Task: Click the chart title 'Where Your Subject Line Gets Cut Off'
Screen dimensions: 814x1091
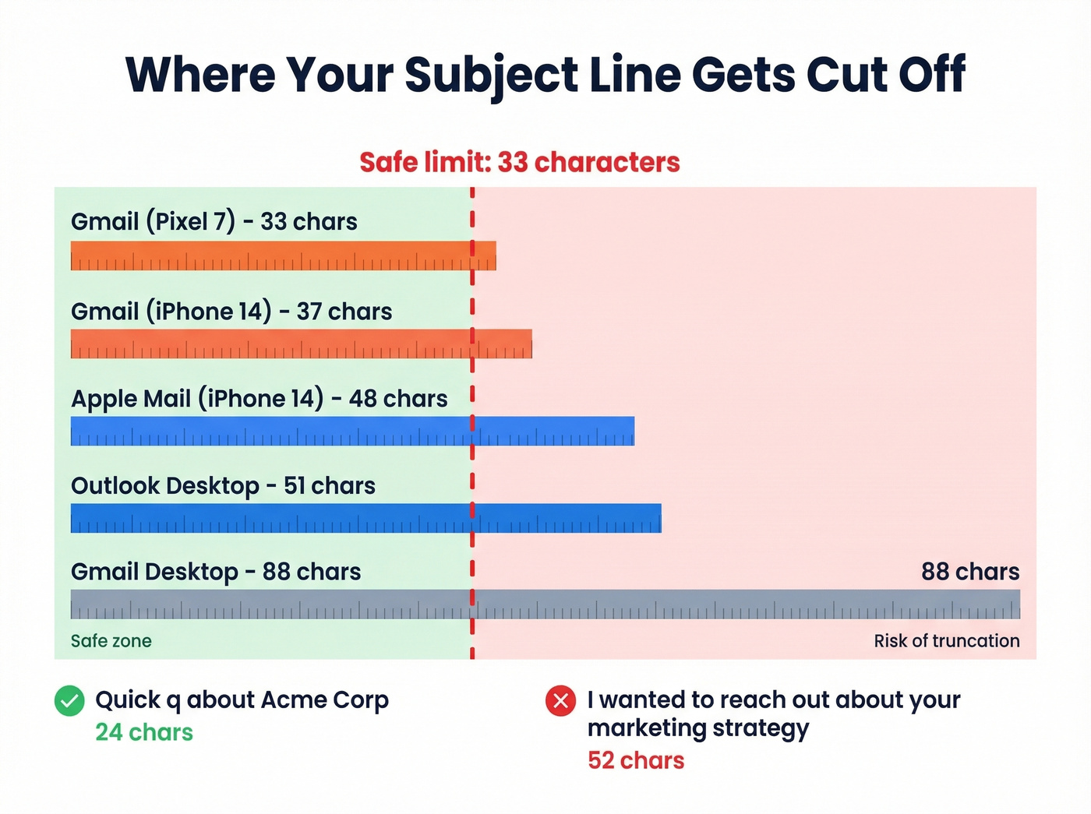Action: (545, 76)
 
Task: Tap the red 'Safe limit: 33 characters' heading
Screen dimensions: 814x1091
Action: (520, 162)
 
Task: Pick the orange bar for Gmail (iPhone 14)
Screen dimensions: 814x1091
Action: (301, 344)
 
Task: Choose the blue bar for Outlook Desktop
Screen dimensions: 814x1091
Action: (365, 519)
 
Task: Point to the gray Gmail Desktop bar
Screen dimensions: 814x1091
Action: (545, 604)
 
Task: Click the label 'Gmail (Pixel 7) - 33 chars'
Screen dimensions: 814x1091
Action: (214, 222)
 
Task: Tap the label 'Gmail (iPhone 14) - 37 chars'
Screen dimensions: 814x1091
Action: (231, 312)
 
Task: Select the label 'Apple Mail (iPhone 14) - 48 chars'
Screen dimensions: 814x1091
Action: (259, 399)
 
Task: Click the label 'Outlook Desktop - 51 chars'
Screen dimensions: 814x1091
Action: (223, 486)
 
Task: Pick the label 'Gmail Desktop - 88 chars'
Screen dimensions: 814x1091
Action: (216, 572)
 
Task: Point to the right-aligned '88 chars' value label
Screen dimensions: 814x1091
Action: (969, 572)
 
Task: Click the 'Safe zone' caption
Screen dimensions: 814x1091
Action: (111, 641)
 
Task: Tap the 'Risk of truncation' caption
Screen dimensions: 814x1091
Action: (946, 641)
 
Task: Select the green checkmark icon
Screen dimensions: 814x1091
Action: (69, 701)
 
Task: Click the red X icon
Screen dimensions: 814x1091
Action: (560, 701)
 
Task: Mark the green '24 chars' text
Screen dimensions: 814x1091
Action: (144, 732)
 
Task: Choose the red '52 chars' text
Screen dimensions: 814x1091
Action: (636, 760)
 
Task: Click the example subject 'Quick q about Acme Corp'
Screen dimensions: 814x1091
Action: (242, 700)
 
